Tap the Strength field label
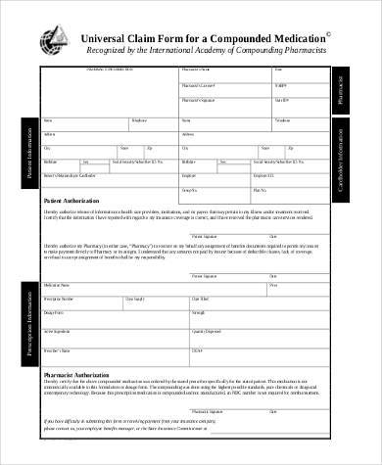click(x=199, y=312)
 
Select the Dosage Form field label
click(x=55, y=312)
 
